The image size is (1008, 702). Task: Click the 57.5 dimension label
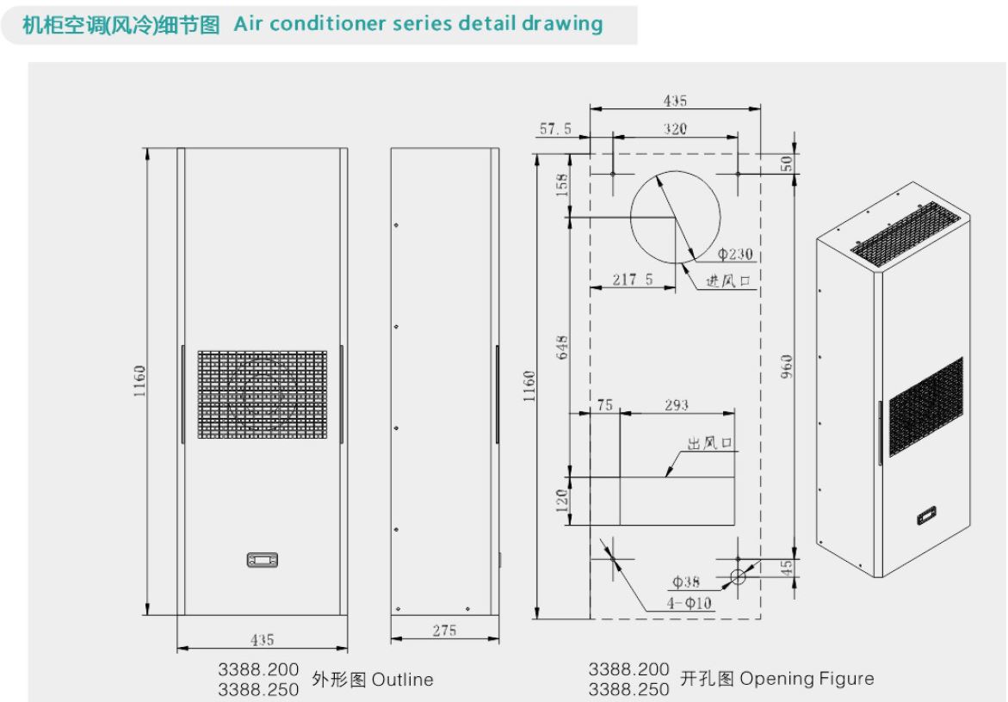click(555, 129)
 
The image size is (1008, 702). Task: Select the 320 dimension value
click(675, 129)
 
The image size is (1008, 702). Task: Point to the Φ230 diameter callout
click(735, 255)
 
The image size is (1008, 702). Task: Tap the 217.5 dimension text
click(633, 280)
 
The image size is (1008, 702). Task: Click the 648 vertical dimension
click(562, 348)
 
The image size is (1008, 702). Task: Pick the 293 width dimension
click(677, 405)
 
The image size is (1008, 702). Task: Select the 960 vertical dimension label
click(786, 366)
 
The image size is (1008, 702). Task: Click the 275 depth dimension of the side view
click(444, 631)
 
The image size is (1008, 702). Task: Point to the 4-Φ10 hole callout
click(690, 603)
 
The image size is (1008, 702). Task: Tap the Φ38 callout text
click(686, 582)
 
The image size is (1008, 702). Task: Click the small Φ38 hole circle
click(738, 576)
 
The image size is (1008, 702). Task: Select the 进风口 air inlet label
click(728, 280)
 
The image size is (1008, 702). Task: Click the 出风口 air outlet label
click(709, 443)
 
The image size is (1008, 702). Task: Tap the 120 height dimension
click(562, 501)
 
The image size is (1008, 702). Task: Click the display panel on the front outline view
click(263, 560)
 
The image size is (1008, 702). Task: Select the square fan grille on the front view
click(263, 394)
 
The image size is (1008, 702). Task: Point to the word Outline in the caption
click(403, 680)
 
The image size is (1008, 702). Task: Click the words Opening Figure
click(807, 679)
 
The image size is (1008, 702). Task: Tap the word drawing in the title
click(562, 24)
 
